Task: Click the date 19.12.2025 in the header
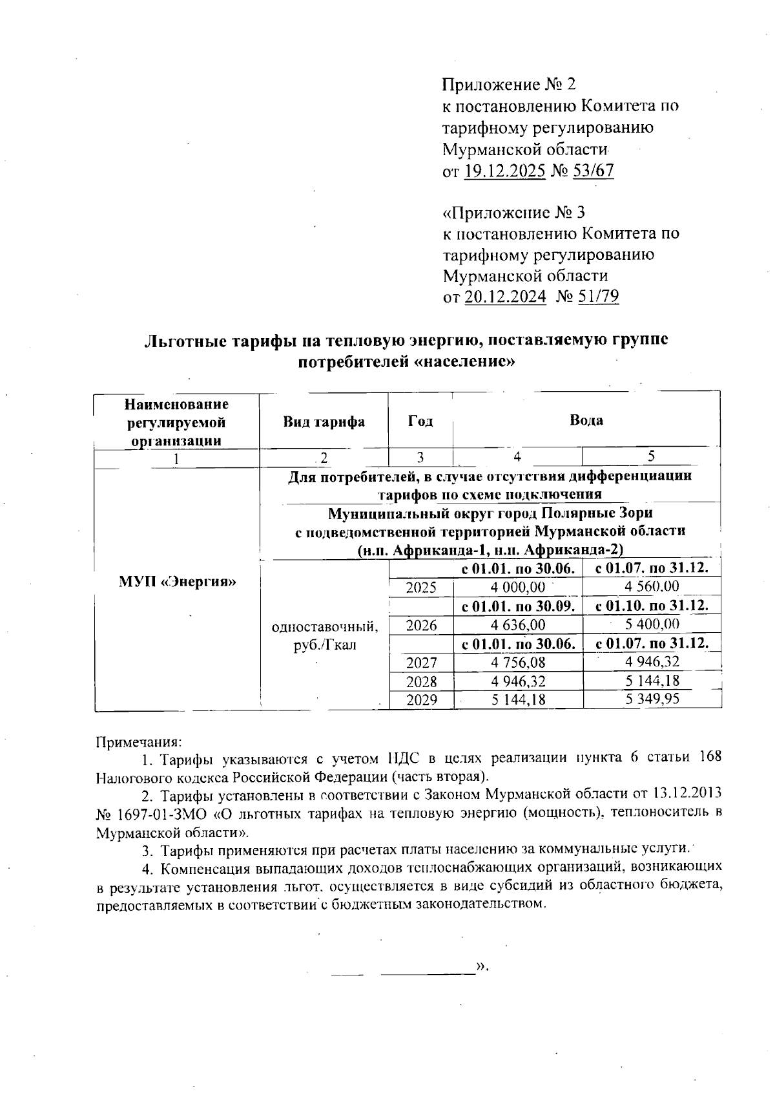505,171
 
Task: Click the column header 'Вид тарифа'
324,422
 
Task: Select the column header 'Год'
420,421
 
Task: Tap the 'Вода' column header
586,420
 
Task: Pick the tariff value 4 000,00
518,588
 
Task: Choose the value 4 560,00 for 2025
652,587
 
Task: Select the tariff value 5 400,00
652,624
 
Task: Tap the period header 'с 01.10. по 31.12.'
652,606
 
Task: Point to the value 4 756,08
518,663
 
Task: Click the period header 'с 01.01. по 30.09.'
518,606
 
